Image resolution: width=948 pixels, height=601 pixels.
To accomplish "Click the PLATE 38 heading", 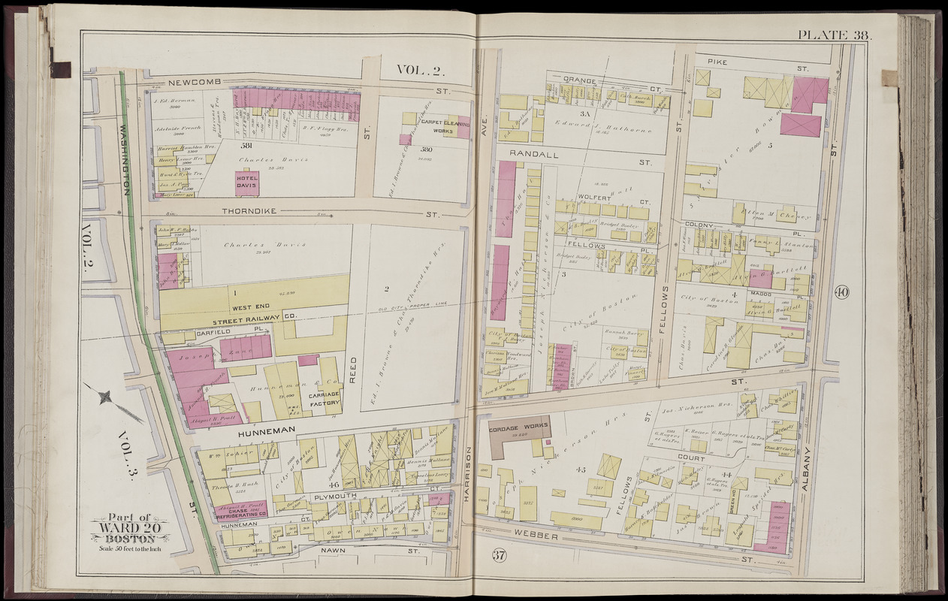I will click(833, 35).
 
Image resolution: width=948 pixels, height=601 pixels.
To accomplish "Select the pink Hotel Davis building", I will click(246, 183).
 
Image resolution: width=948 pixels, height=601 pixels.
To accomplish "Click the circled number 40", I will click(841, 293).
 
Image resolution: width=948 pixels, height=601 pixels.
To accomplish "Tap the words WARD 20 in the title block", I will click(129, 528).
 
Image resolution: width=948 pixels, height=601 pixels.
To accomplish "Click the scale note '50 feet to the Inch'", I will click(130, 547).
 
